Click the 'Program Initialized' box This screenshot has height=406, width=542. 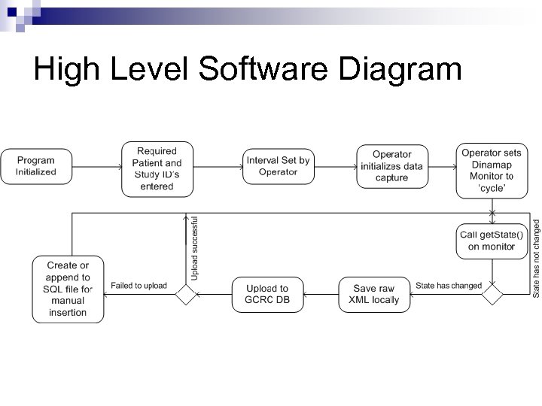pos(36,167)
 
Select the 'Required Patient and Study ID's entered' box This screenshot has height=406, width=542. pos(157,169)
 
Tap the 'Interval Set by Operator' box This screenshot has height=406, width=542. pos(278,167)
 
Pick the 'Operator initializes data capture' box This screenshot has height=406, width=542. pos(391,167)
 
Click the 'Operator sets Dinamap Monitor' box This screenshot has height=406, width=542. pos(492,171)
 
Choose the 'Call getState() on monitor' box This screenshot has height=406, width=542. pos(492,241)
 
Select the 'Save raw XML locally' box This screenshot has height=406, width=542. pos(374,294)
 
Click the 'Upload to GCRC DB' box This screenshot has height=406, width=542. pos(266,294)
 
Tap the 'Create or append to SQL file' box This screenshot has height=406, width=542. pos(68,289)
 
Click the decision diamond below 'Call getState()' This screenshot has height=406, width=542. pos(492,294)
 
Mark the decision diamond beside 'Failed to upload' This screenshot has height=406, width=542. pos(185,294)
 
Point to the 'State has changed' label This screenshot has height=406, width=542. pos(449,286)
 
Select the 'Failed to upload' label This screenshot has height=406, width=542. pos(139,286)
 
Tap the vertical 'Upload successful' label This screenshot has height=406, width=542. pos(194,248)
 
